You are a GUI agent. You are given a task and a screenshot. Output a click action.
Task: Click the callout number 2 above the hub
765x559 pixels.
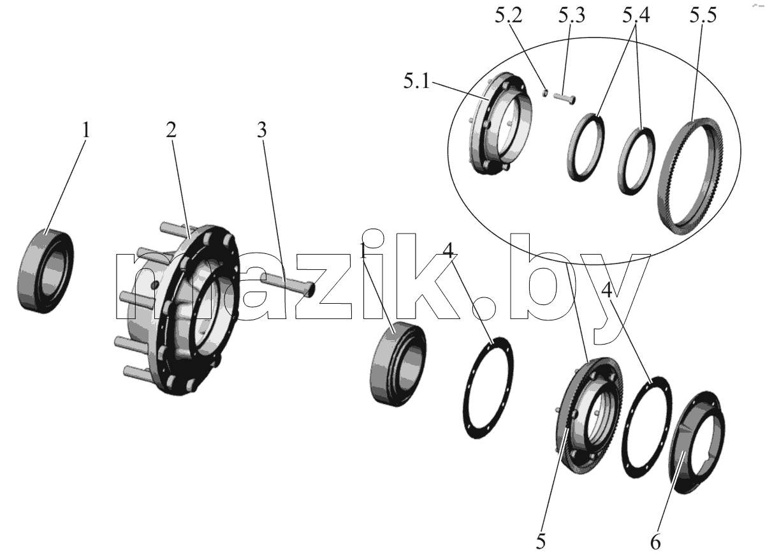coord(171,130)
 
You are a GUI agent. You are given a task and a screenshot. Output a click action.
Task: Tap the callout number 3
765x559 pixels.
coord(262,130)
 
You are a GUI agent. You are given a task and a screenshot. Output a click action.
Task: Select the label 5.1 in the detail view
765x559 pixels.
coord(416,82)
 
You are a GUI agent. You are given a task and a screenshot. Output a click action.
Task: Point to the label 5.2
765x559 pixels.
coord(509,16)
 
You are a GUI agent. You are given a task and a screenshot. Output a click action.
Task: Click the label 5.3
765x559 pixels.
coord(572,16)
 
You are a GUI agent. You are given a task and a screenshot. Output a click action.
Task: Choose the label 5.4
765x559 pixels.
coord(636,16)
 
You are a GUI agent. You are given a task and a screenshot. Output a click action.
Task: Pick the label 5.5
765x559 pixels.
coord(703,16)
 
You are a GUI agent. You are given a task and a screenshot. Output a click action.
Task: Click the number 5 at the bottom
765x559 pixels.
coord(541,542)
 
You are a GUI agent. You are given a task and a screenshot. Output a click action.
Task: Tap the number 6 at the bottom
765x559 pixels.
coord(655,542)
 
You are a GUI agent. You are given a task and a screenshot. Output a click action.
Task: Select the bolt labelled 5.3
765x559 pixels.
coord(564,98)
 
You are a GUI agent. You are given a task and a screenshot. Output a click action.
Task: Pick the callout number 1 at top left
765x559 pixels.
coord(85,130)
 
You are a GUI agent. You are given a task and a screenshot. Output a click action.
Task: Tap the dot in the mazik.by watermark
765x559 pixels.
coord(484,308)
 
